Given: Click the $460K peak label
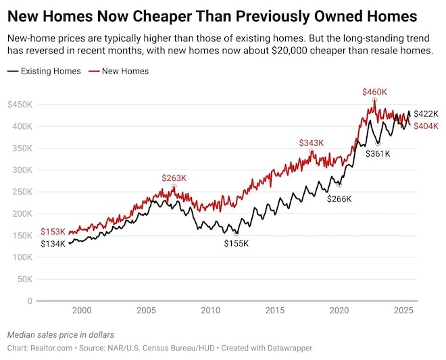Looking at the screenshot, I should pyautogui.click(x=375, y=91).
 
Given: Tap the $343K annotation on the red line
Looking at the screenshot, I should pyautogui.click(x=312, y=143).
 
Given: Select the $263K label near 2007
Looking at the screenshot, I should pyautogui.click(x=174, y=178).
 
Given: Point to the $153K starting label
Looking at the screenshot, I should pyautogui.click(x=53, y=232).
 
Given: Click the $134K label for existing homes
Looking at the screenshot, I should pyautogui.click(x=53, y=244).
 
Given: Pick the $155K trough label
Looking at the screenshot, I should pyautogui.click(x=237, y=243).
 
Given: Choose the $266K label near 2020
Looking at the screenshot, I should pyautogui.click(x=339, y=199).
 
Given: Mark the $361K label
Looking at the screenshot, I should pyautogui.click(x=378, y=154).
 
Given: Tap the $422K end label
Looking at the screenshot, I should pyautogui.click(x=426, y=114).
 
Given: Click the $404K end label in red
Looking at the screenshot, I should pyautogui.click(x=426, y=126).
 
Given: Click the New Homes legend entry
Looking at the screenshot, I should pyautogui.click(x=125, y=71).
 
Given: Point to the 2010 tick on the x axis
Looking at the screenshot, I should pyautogui.click(x=211, y=311).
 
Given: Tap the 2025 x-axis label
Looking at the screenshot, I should pyautogui.click(x=403, y=311).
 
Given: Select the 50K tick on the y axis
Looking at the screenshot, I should pyautogui.click(x=23, y=279).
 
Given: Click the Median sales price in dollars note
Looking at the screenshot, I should pyautogui.click(x=61, y=334).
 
